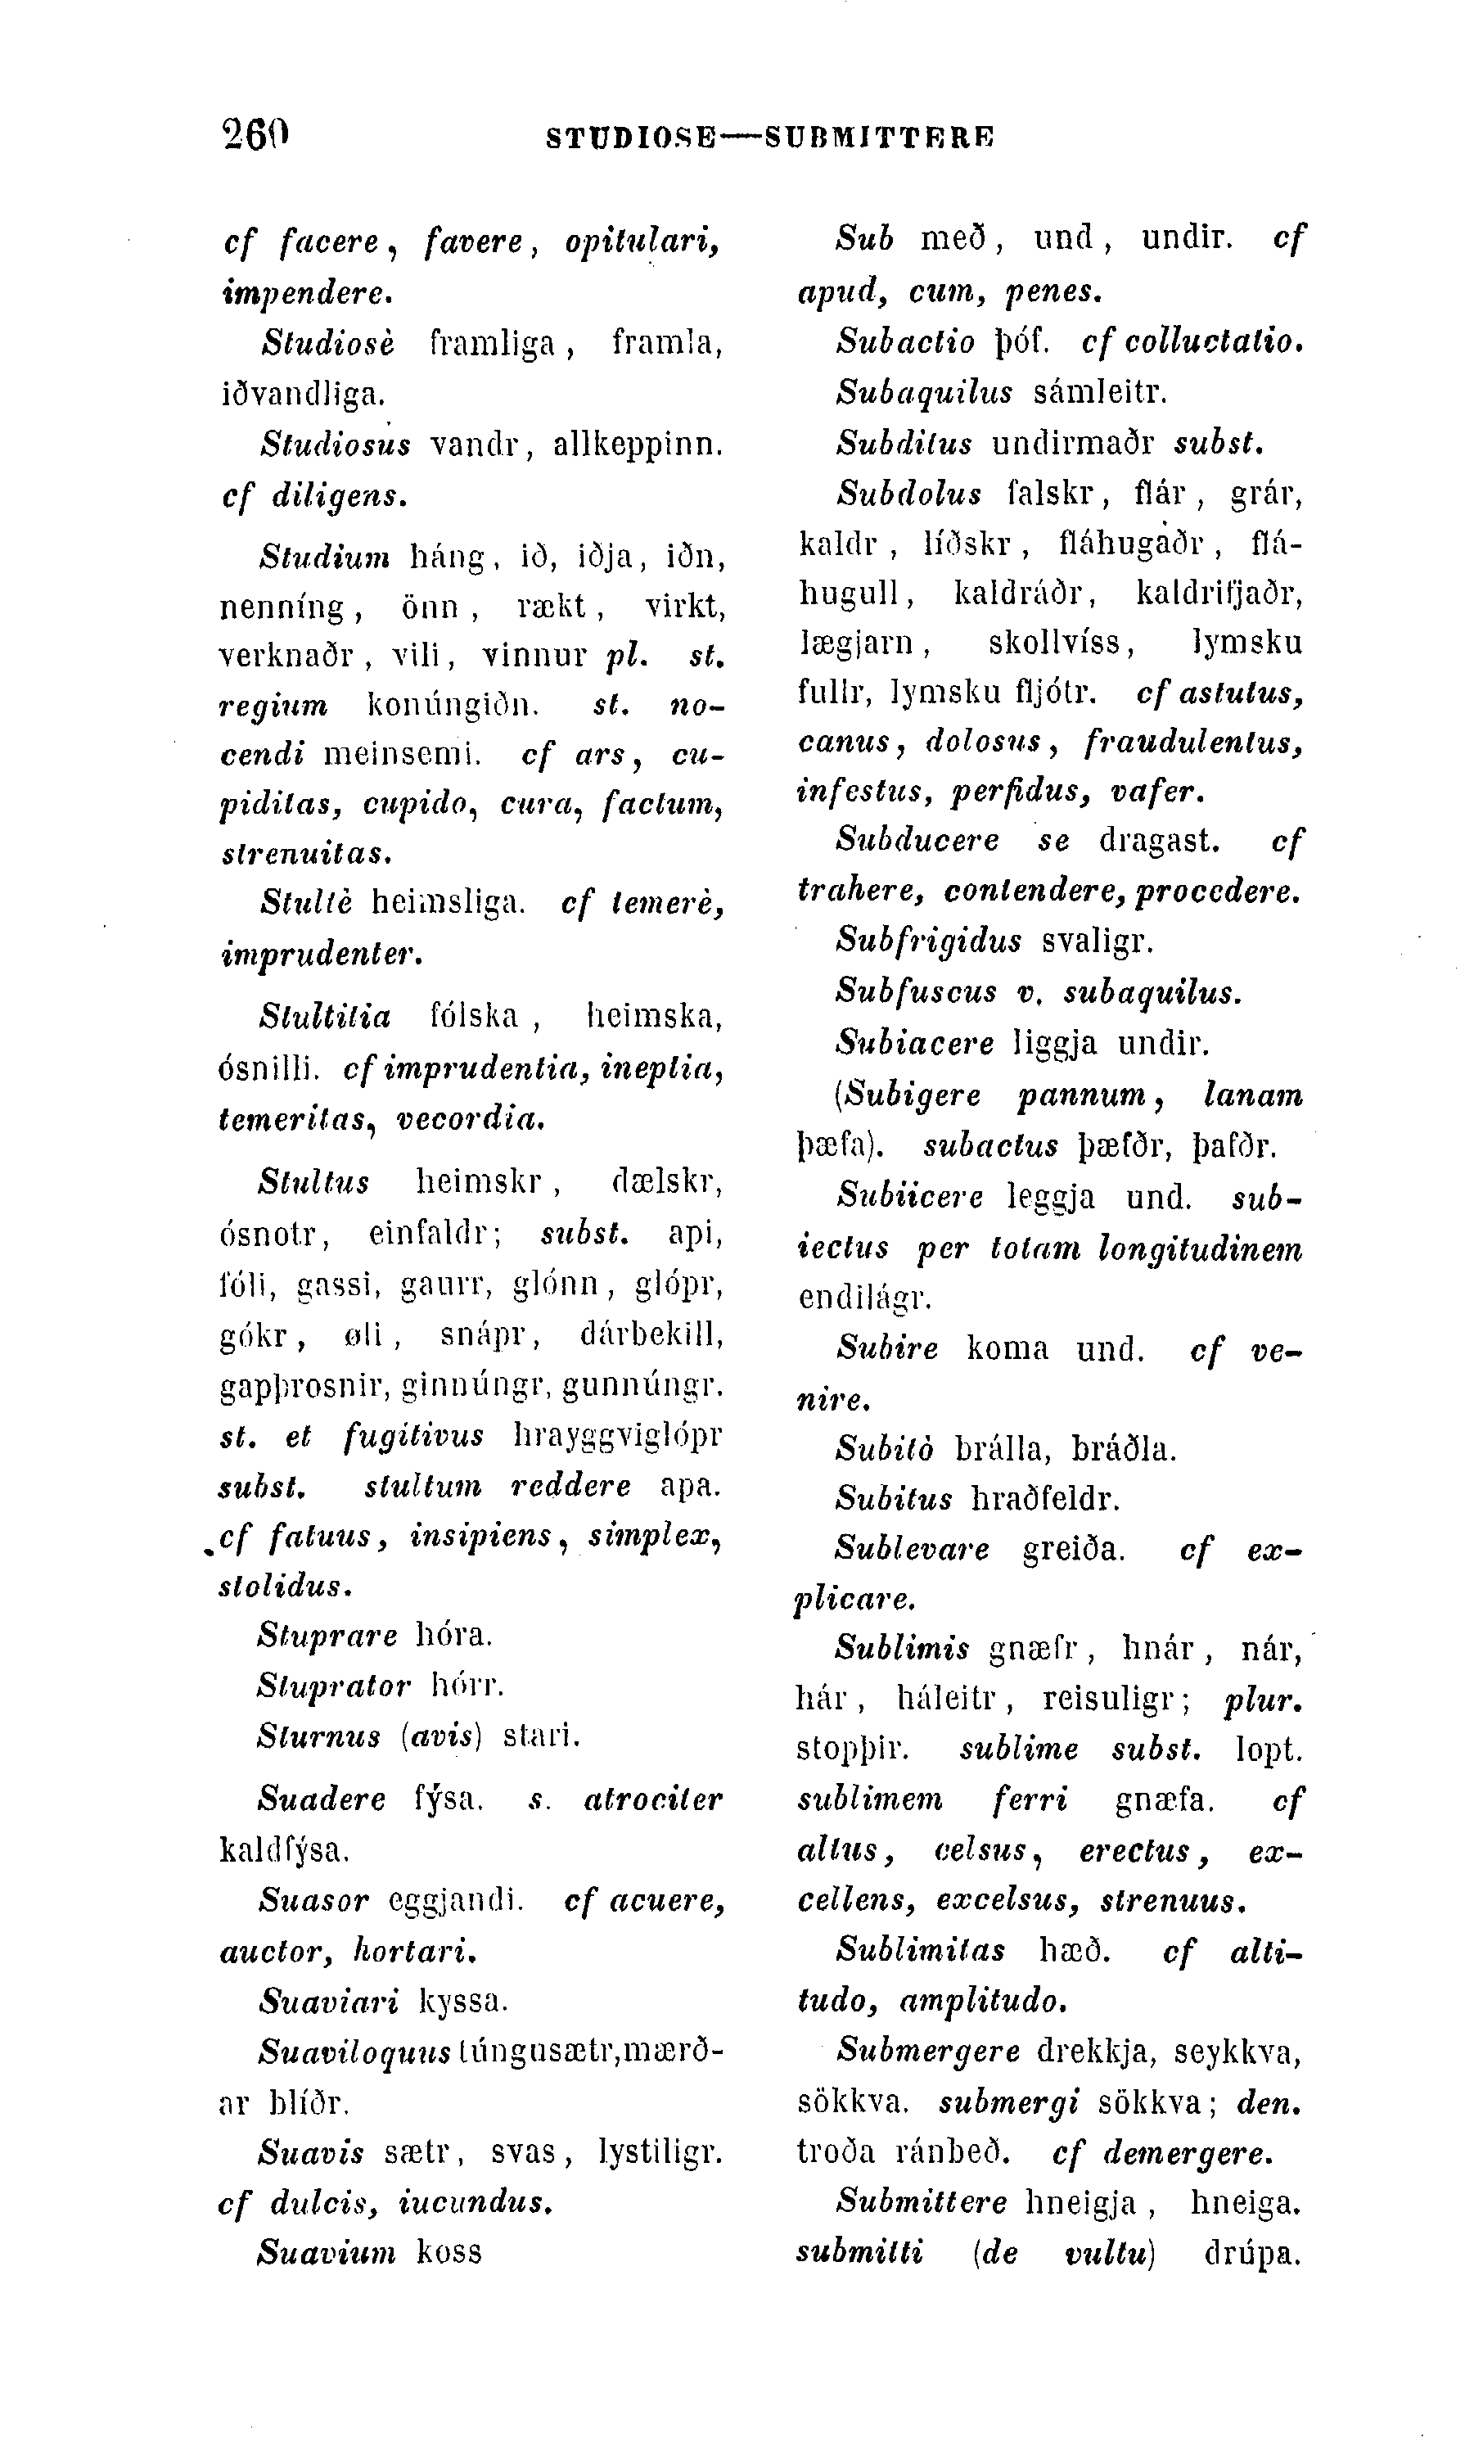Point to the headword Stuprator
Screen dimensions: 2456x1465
[x=332, y=1685]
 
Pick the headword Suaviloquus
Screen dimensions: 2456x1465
[x=355, y=2052]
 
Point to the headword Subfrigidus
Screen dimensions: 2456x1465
[x=928, y=939]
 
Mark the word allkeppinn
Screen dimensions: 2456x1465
[x=638, y=445]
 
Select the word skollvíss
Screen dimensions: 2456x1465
[x=1062, y=643]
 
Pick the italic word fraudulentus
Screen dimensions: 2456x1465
[x=1193, y=741]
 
